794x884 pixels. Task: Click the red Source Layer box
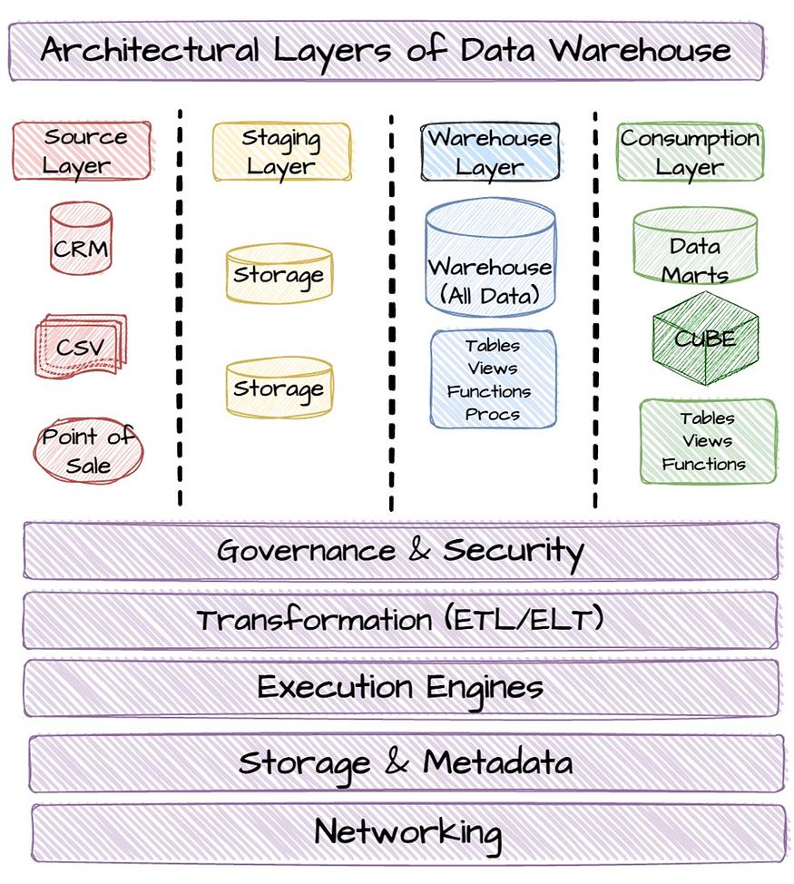click(82, 151)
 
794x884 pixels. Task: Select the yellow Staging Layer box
click(282, 152)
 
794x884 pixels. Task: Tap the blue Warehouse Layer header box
click(490, 152)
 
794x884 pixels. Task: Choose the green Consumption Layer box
click(691, 152)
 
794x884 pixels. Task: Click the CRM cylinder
click(81, 239)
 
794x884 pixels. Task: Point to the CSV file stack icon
click(81, 346)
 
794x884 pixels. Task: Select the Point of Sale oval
click(88, 450)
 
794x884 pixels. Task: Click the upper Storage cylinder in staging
click(279, 273)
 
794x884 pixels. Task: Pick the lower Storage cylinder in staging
click(279, 388)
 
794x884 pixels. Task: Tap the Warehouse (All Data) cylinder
click(490, 257)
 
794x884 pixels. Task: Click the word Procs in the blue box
click(493, 415)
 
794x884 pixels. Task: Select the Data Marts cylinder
click(695, 245)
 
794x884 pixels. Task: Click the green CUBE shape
click(706, 338)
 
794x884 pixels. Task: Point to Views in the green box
click(707, 440)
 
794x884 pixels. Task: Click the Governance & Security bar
click(401, 551)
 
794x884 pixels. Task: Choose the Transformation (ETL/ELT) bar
click(401, 620)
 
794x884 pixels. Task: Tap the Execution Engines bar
click(401, 688)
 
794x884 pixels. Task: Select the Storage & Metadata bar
click(407, 762)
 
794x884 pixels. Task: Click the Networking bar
click(408, 832)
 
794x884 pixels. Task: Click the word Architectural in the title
click(150, 50)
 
